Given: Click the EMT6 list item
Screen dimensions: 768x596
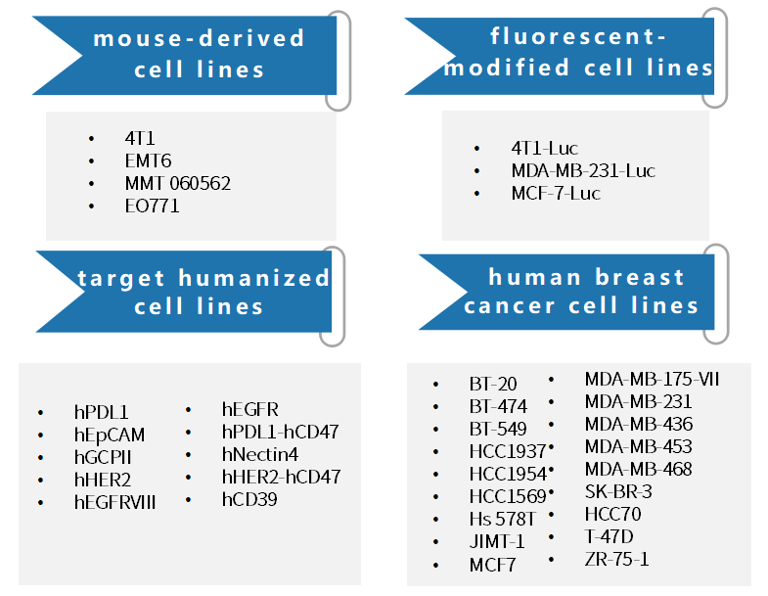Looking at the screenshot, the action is tap(148, 160).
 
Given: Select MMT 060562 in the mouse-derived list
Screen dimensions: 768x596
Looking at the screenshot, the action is tap(178, 183).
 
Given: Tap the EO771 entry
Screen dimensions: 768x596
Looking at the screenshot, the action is tap(152, 206).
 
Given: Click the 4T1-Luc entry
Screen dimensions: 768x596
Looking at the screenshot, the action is tap(545, 148).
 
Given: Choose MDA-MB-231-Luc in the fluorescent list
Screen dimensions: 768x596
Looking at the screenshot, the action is tap(583, 170).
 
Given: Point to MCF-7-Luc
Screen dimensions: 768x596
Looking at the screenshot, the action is tap(556, 193).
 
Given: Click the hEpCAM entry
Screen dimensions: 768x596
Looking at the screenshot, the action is tap(110, 435).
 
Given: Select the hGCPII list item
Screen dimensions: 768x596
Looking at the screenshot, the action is tap(103, 457).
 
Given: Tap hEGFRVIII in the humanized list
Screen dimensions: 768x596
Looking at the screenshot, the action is tap(115, 502).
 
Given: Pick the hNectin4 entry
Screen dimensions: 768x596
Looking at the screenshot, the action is tap(260, 454).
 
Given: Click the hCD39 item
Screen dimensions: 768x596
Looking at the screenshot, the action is tap(249, 499).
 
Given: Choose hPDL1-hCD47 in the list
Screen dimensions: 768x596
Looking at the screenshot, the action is tap(281, 432).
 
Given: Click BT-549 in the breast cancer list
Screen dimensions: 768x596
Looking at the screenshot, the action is tap(498, 429).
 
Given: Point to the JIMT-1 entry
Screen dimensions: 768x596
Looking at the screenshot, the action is tap(497, 541).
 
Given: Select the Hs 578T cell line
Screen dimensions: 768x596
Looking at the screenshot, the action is tap(503, 519).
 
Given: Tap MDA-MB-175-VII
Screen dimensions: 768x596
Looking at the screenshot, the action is tap(652, 379).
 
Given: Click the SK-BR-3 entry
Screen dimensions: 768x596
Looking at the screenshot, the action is tap(618, 491).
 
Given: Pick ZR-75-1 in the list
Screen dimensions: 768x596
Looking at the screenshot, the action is tap(617, 559).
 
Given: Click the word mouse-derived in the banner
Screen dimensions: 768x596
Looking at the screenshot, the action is tap(199, 38).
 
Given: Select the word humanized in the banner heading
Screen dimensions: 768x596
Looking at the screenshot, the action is tap(254, 278).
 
